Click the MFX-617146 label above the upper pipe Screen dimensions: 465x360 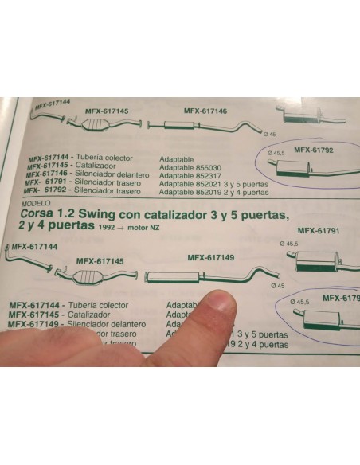click(205, 111)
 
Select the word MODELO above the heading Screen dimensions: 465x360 click(33, 204)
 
